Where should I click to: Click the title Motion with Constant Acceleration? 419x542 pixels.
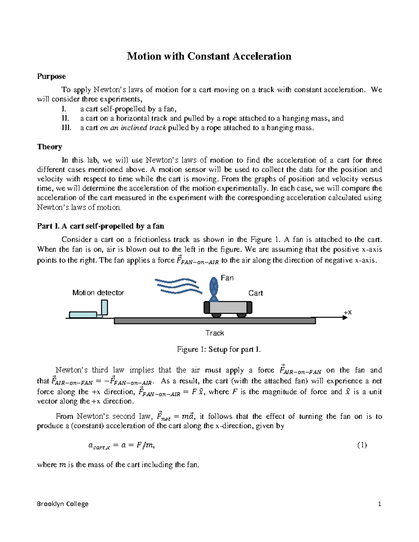209,56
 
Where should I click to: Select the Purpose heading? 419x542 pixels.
51,76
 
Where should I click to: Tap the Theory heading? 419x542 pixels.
50,147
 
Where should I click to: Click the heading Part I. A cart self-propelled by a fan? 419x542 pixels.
101,226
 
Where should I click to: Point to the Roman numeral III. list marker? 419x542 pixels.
66,128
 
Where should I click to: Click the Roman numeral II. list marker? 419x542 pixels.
66,118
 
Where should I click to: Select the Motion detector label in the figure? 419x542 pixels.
98,293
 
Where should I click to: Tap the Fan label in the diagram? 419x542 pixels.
227,278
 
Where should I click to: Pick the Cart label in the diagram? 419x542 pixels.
255,293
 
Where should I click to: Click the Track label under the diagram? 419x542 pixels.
214,333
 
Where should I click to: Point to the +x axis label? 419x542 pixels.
347,312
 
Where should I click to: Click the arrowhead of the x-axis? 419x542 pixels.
345,318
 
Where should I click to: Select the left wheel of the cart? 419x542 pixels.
216,315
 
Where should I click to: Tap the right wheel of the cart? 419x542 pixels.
241,315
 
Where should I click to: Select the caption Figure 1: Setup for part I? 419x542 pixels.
219,349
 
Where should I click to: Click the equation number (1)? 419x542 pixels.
362,445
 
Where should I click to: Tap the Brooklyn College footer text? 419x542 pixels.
63,504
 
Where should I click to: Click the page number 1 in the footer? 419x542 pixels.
380,504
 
